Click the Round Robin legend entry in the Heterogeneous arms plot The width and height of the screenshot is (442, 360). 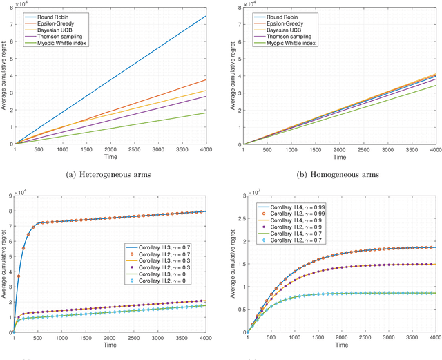[x=52, y=14]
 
